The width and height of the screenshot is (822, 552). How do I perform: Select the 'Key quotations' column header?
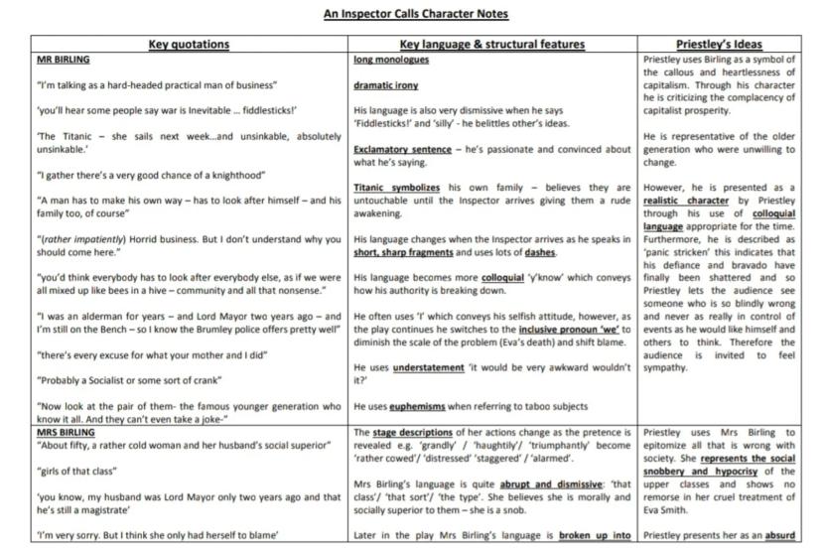189,45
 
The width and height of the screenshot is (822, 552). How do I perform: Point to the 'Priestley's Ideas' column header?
720,45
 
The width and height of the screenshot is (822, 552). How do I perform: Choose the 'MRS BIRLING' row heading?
66,433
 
